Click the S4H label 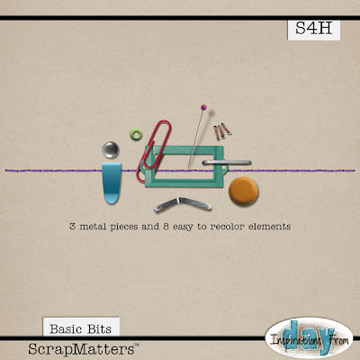tap(314, 30)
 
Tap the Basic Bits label tap(81, 328)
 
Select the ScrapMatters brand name tap(84, 349)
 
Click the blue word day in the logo tap(309, 337)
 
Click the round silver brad tap(111, 149)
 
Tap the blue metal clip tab tap(112, 184)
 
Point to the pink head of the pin tap(203, 106)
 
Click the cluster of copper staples tap(222, 131)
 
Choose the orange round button tap(243, 192)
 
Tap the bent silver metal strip tap(183, 204)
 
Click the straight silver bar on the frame tap(227, 163)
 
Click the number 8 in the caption tap(166, 226)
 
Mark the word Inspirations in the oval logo tap(295, 340)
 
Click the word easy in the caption tap(183, 227)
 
